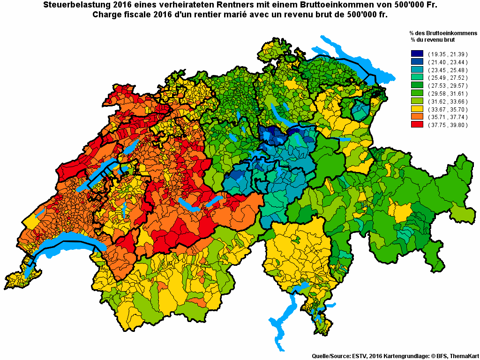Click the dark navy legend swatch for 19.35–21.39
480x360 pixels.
(417, 54)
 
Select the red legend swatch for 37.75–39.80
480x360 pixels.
(417, 125)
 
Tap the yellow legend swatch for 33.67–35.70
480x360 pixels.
(417, 109)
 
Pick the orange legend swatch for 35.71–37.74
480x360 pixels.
(417, 117)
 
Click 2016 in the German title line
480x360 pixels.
(117, 5)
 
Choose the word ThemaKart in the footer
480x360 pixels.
(464, 356)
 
